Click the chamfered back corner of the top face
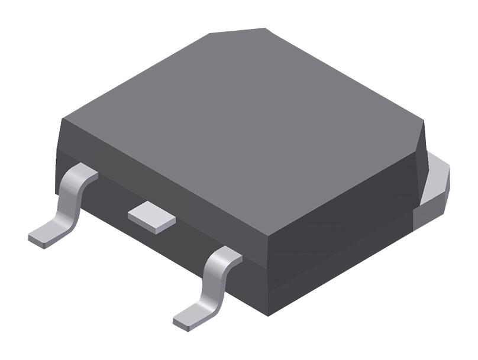(237, 30)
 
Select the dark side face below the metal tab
(349, 260)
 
